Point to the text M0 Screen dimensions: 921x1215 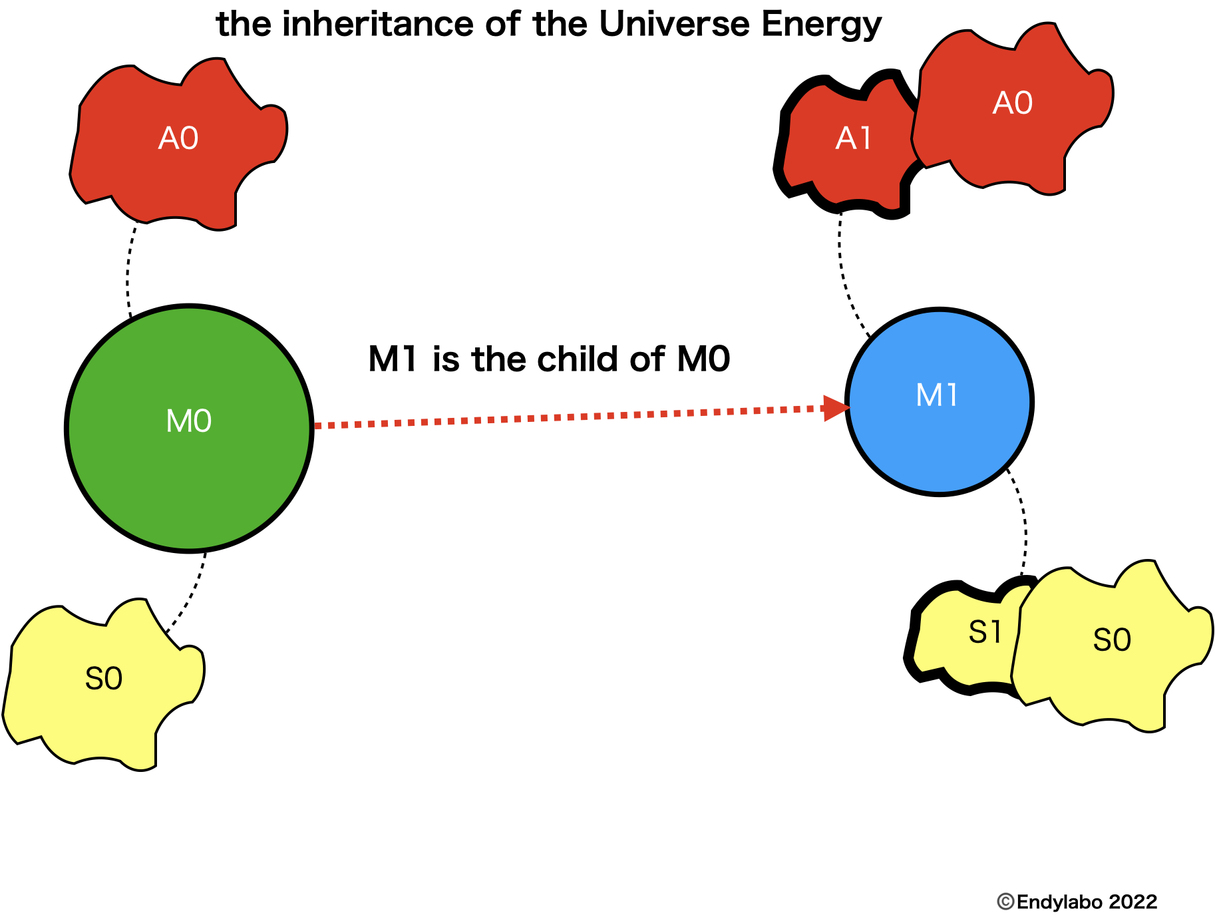189,421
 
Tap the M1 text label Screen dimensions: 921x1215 937,395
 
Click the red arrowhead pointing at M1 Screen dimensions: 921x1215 834,407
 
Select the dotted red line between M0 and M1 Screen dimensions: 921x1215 566,417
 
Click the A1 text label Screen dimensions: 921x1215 853,138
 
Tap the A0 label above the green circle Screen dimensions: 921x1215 178,138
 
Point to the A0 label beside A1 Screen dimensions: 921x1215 1013,103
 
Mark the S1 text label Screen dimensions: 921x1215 985,632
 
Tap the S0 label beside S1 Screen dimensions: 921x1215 1112,640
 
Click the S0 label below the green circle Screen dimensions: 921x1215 104,679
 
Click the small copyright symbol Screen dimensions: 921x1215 1005,902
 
